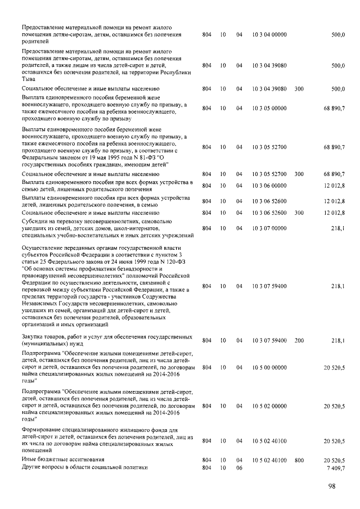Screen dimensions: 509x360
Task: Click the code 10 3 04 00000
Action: pyautogui.click(x=269, y=35)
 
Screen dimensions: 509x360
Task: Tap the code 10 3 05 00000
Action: pyautogui.click(x=269, y=108)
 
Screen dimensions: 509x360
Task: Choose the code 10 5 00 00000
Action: pyautogui.click(x=269, y=367)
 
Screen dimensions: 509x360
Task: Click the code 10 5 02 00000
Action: pyautogui.click(x=269, y=406)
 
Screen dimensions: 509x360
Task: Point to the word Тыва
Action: pyautogui.click(x=29, y=79)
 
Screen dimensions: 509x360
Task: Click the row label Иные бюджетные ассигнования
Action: pyautogui.click(x=56, y=460)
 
